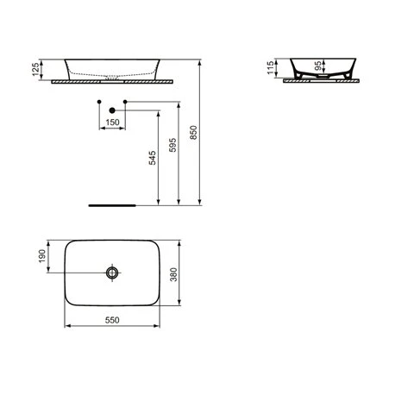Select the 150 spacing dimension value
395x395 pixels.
112,123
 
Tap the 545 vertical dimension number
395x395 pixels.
152,159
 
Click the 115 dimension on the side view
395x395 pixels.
272,68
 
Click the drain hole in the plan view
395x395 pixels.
112,273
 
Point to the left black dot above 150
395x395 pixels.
99,103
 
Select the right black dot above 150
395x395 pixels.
126,103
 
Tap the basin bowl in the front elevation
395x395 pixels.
112,69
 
